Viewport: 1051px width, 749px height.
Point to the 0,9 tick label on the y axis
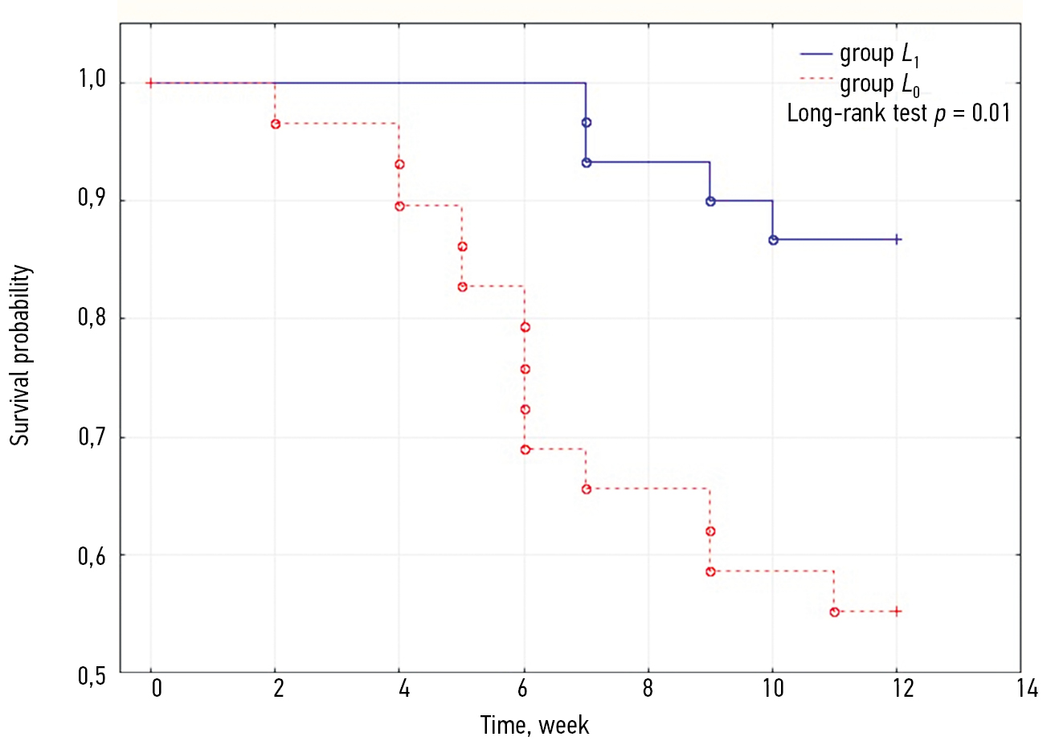[92, 198]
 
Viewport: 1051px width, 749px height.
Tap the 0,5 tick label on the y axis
[92, 676]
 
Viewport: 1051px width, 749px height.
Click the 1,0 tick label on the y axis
[92, 80]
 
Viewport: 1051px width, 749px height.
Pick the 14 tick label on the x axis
[1026, 689]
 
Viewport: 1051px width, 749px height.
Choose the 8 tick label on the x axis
[648, 689]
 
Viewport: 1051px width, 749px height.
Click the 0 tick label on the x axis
[156, 689]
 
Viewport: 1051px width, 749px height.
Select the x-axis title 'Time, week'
[534, 726]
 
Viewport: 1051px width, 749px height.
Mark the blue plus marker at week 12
[898, 239]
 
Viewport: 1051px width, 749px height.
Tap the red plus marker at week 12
[897, 612]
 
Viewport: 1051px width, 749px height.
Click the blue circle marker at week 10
[773, 239]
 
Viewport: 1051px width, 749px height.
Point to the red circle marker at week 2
[276, 124]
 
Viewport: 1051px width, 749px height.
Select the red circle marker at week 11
[834, 612]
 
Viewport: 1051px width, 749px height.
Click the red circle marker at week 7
[587, 489]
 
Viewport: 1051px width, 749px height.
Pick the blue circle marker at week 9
[710, 201]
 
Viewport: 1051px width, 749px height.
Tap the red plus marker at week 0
[150, 83]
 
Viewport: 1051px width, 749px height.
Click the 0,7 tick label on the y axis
[92, 436]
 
